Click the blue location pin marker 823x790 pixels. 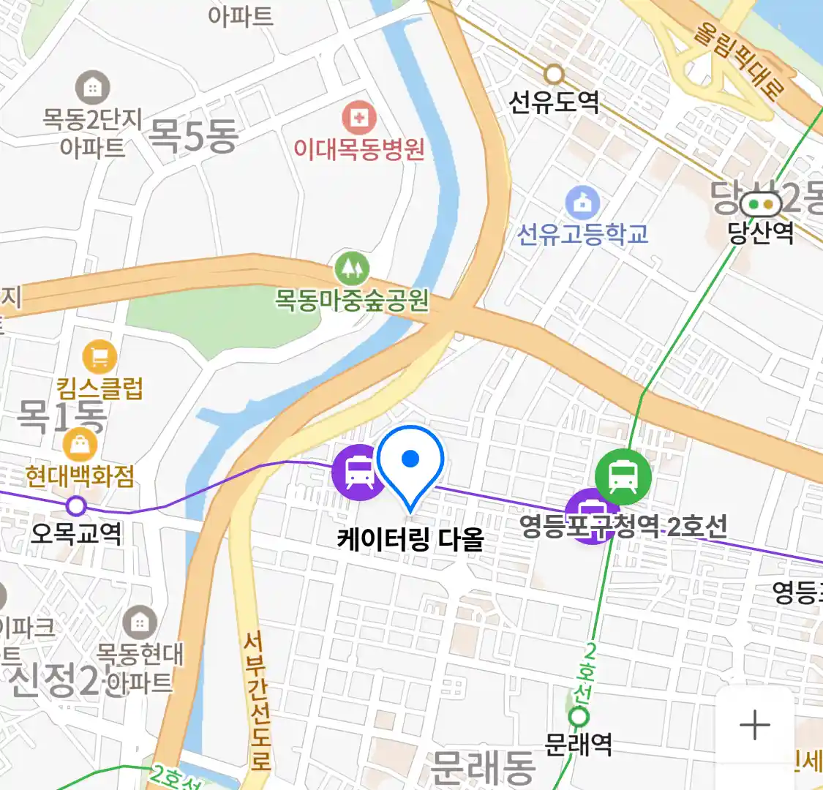point(410,462)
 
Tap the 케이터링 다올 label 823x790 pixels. point(410,540)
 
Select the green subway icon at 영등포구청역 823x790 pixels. point(623,476)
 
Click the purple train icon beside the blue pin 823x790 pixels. point(358,472)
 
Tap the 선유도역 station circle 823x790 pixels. point(554,74)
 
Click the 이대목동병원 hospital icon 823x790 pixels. point(359,118)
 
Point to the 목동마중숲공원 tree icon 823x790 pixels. point(352,269)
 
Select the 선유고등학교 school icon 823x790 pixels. point(582,203)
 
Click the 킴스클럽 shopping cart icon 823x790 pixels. point(99,357)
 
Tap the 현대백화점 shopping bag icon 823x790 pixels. point(80,444)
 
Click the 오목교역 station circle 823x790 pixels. point(76,505)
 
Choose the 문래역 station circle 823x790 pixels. point(579,717)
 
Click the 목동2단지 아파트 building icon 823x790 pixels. point(92,89)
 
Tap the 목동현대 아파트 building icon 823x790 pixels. point(139,622)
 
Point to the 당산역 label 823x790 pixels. point(760,233)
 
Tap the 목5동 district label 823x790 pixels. point(193,135)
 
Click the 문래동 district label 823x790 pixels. point(483,766)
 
